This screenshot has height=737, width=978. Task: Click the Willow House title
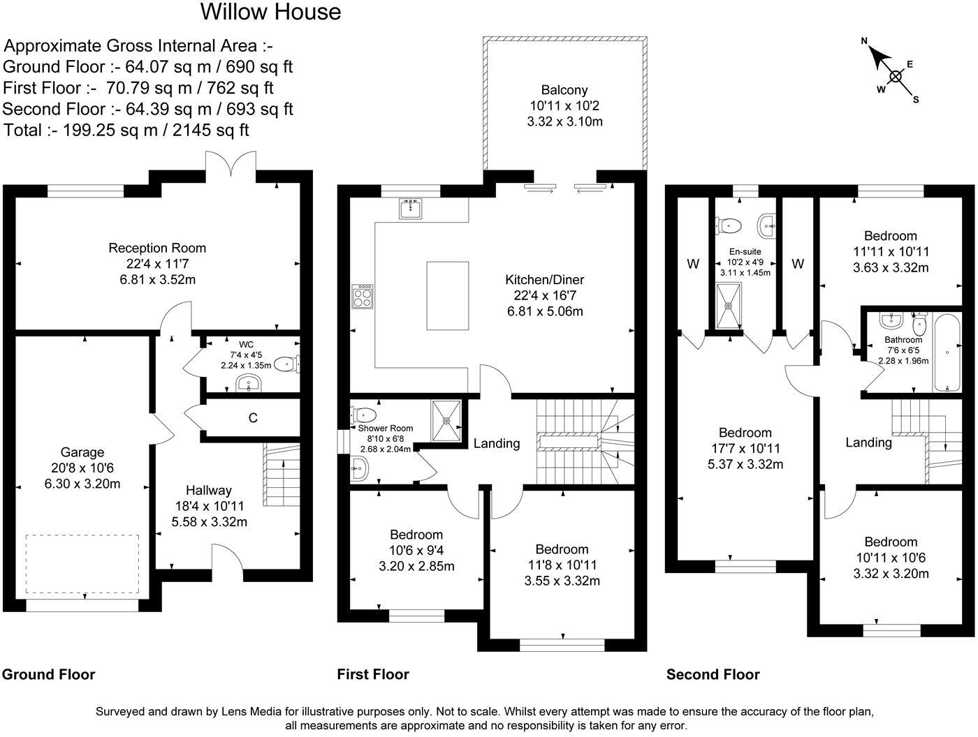click(270, 12)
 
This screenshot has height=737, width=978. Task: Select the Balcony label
click(564, 90)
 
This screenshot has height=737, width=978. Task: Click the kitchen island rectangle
click(447, 295)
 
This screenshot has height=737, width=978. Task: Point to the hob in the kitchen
click(363, 297)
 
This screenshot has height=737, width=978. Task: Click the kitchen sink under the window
click(410, 209)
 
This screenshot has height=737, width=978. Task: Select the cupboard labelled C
click(253, 417)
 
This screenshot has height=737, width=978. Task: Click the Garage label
click(82, 452)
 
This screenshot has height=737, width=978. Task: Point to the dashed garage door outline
click(82, 564)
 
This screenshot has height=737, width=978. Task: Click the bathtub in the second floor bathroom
click(947, 353)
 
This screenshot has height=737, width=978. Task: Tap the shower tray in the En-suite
click(729, 306)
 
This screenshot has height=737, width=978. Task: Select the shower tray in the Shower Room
click(446, 421)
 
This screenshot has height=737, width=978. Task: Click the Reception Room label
click(157, 248)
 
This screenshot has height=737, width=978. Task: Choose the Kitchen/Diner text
click(544, 279)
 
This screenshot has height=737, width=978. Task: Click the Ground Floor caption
click(49, 674)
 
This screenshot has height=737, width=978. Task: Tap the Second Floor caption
click(713, 674)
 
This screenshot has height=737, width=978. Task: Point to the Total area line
click(126, 130)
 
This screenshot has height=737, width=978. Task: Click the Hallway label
click(208, 491)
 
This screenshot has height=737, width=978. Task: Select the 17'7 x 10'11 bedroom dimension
click(745, 448)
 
